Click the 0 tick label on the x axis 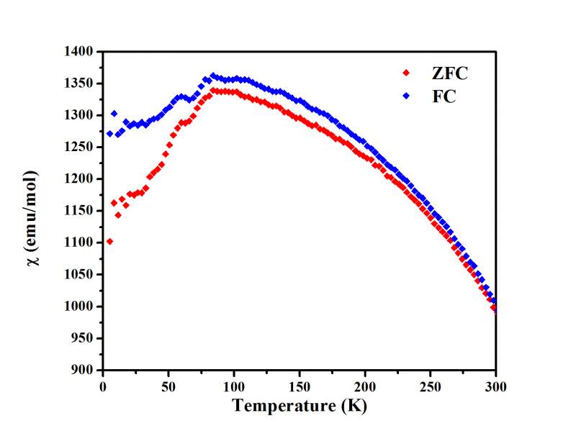tap(103, 386)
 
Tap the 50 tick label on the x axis tap(168, 386)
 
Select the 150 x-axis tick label tap(299, 386)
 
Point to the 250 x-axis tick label tap(430, 386)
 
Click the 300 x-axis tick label tap(495, 386)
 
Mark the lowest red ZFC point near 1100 tap(109, 242)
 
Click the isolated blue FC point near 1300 tap(114, 114)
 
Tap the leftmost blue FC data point tap(109, 133)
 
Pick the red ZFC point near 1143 tap(118, 215)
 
